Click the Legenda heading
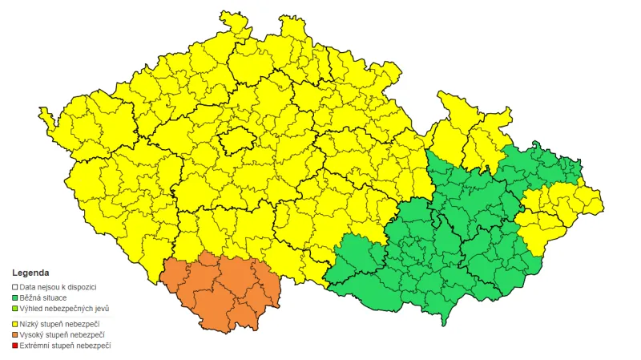click(30, 273)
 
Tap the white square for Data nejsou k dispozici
click(14, 286)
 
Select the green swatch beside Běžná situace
click(14, 297)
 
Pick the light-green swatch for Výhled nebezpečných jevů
click(14, 309)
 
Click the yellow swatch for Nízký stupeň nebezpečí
click(14, 323)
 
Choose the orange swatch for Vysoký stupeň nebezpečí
click(14, 334)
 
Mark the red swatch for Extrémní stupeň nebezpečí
click(14, 346)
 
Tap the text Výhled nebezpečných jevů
click(65, 309)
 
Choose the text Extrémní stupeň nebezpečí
click(66, 346)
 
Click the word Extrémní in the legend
click(35, 346)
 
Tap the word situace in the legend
click(58, 297)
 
